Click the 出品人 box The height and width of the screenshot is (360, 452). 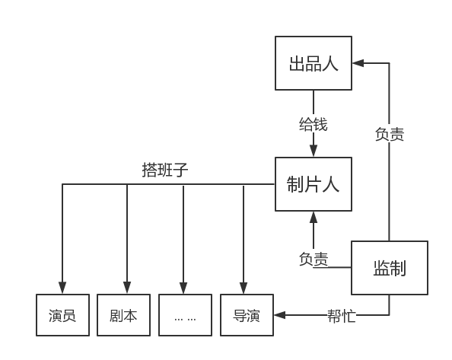314,63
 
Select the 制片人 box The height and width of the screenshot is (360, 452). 314,184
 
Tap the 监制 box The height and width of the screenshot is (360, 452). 389,268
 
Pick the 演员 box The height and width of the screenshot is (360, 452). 62,315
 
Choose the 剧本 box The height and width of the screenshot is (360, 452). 123,315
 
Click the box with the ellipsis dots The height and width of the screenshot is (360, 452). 185,315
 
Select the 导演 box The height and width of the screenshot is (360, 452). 247,315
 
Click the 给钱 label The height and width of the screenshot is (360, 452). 314,124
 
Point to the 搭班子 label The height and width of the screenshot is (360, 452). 165,170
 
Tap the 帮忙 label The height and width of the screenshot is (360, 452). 341,315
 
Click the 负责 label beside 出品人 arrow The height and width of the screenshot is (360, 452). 390,135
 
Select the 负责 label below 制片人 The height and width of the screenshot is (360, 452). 314,259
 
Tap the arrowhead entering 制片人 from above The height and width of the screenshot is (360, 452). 314,152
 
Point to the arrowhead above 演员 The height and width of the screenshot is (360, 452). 62,289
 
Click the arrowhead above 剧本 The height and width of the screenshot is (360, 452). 127,289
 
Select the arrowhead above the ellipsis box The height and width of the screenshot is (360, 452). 183,289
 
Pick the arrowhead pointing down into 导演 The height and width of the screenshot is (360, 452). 244,289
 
